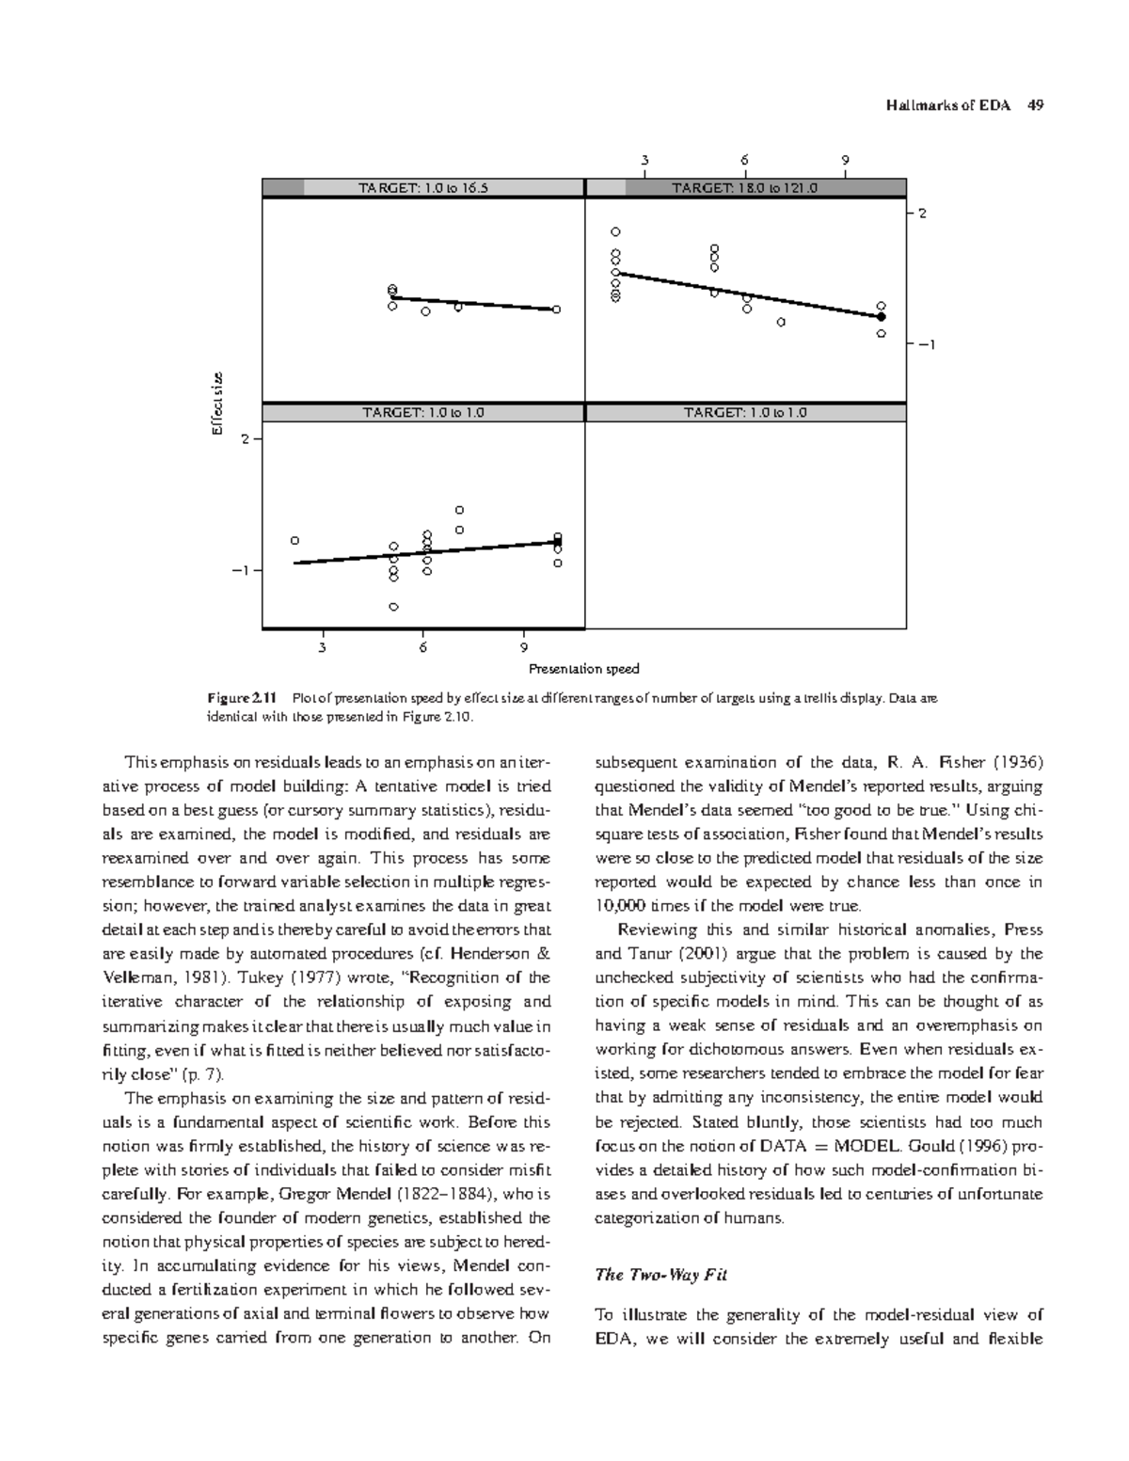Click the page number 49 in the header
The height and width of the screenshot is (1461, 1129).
1035,105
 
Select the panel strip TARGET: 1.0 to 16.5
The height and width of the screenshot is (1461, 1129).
423,188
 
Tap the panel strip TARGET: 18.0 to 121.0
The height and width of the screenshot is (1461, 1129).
745,188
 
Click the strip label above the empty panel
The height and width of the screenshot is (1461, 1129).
745,413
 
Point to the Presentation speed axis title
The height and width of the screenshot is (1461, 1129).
583,669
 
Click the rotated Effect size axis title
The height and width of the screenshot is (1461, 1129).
215,405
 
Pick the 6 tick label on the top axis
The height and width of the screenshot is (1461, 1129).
744,160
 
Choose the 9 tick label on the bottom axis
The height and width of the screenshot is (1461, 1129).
524,647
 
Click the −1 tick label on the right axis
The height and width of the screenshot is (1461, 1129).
927,345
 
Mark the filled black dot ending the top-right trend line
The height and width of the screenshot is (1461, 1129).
881,317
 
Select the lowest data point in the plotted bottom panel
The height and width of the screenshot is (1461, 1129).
393,607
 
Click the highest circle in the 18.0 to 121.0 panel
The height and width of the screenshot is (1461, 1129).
616,231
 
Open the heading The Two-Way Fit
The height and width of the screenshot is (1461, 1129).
661,1276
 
